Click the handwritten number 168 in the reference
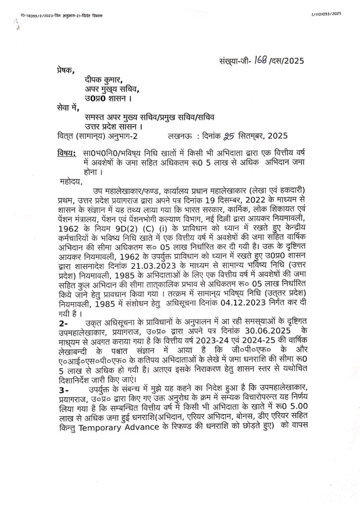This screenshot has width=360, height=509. (261, 61)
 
